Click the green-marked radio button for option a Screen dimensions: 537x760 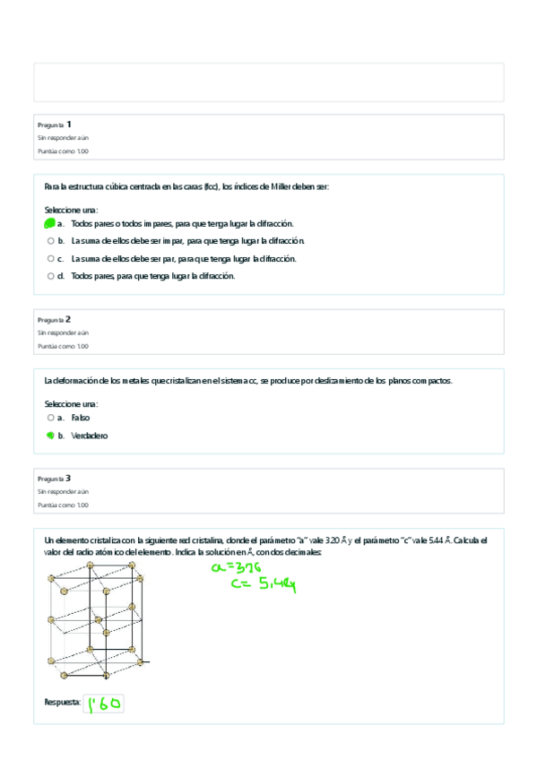tap(50, 223)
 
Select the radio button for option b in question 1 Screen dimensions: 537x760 tap(50, 241)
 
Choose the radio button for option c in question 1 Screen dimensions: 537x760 tap(50, 258)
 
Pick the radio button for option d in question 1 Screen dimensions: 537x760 tap(50, 276)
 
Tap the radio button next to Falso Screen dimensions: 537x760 tap(50, 418)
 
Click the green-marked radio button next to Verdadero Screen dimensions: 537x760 tap(50, 436)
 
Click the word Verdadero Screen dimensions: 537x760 tap(90, 436)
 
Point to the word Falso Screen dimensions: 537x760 tap(81, 418)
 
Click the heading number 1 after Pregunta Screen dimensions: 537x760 tap(69, 124)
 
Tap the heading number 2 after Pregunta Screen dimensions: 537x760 tap(69, 318)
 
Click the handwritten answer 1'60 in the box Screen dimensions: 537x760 tap(104, 704)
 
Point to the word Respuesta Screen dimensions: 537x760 tap(62, 704)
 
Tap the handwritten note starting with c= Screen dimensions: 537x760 tap(263, 585)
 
